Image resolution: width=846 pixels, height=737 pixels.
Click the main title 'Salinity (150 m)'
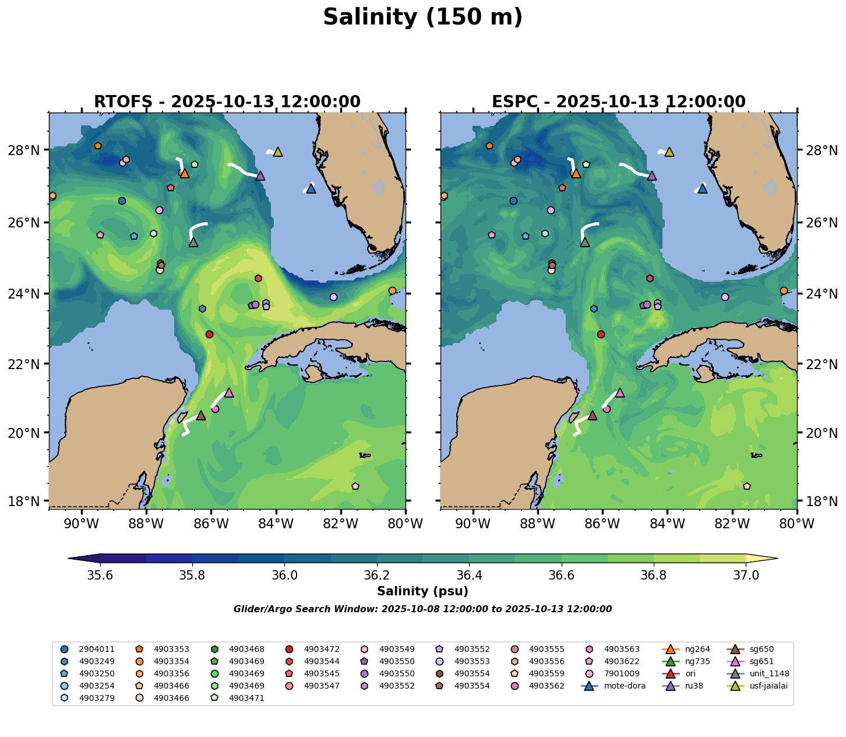coord(422,17)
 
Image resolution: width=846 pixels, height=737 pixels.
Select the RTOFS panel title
coord(227,102)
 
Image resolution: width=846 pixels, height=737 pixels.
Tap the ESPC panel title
coord(619,102)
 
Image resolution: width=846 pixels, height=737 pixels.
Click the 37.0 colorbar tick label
coord(746,575)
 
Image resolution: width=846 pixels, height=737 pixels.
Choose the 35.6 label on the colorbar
coord(100,575)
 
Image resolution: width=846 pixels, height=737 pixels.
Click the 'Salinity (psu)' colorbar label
coord(422,591)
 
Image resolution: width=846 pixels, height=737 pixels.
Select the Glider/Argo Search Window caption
coord(422,609)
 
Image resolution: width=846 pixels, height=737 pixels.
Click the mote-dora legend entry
coord(625,686)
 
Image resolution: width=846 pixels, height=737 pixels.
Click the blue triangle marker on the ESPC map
coord(702,189)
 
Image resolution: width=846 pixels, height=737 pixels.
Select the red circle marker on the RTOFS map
coord(209,334)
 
